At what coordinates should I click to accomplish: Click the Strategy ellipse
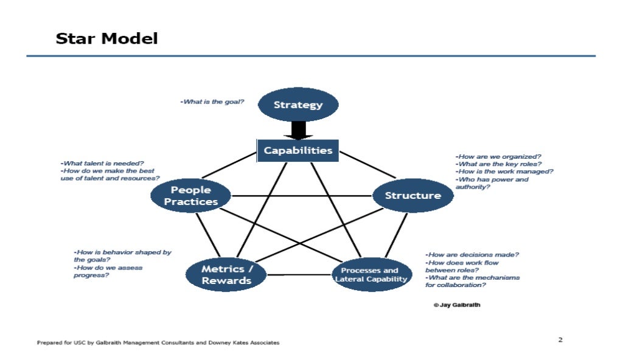[x=298, y=105]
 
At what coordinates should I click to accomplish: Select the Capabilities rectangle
[x=298, y=150]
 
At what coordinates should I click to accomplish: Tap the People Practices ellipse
[x=191, y=196]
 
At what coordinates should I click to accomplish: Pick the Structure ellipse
[x=412, y=195]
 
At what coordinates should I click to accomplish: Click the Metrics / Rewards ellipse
[x=226, y=275]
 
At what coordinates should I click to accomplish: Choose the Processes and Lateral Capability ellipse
[x=369, y=275]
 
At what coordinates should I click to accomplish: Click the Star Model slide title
[x=106, y=39]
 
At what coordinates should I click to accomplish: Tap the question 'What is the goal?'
[x=212, y=102]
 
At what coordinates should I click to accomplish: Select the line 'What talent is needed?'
[x=102, y=164]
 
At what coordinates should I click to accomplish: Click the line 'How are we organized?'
[x=499, y=156]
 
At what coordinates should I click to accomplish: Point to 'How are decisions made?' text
[x=472, y=255]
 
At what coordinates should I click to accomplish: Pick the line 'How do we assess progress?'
[x=108, y=271]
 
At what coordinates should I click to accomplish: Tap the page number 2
[x=560, y=339]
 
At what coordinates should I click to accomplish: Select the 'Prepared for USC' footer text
[x=158, y=342]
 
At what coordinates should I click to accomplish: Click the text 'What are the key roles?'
[x=498, y=164]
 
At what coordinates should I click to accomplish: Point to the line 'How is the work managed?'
[x=504, y=171]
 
